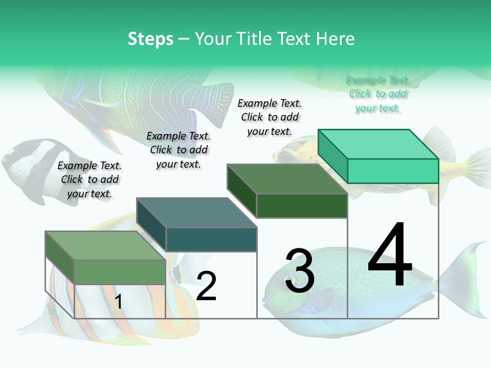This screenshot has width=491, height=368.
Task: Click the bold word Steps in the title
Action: (150, 39)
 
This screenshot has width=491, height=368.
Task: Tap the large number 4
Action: (390, 256)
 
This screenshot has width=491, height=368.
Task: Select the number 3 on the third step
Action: (300, 271)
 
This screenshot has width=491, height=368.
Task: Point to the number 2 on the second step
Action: (206, 286)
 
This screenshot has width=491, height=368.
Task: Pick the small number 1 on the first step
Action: (118, 302)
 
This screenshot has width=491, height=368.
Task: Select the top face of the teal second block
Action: (197, 213)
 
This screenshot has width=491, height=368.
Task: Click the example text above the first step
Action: (90, 179)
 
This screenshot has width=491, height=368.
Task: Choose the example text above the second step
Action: (178, 150)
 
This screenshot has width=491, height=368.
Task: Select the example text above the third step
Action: (270, 117)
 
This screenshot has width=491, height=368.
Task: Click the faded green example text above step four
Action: (377, 94)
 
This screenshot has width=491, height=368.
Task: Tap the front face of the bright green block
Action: (393, 171)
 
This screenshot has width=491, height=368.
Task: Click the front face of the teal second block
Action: (211, 239)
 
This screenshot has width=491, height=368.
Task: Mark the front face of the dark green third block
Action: (302, 205)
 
